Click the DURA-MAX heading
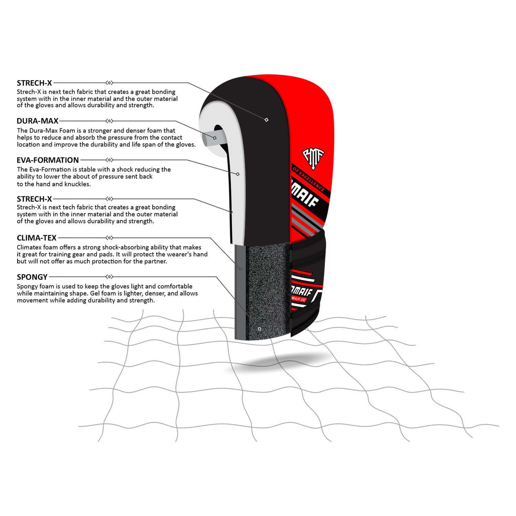[37, 121]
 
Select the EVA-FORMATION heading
[48, 160]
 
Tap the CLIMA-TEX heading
[36, 238]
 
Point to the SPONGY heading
[32, 277]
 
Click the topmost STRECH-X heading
[34, 83]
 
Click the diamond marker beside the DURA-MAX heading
[109, 121]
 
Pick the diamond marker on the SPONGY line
[109, 277]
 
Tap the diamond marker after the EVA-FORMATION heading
[109, 160]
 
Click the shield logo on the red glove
[313, 159]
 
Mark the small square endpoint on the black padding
[266, 120]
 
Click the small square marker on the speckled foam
[259, 329]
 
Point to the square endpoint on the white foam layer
[238, 174]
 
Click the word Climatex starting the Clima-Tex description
[29, 247]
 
